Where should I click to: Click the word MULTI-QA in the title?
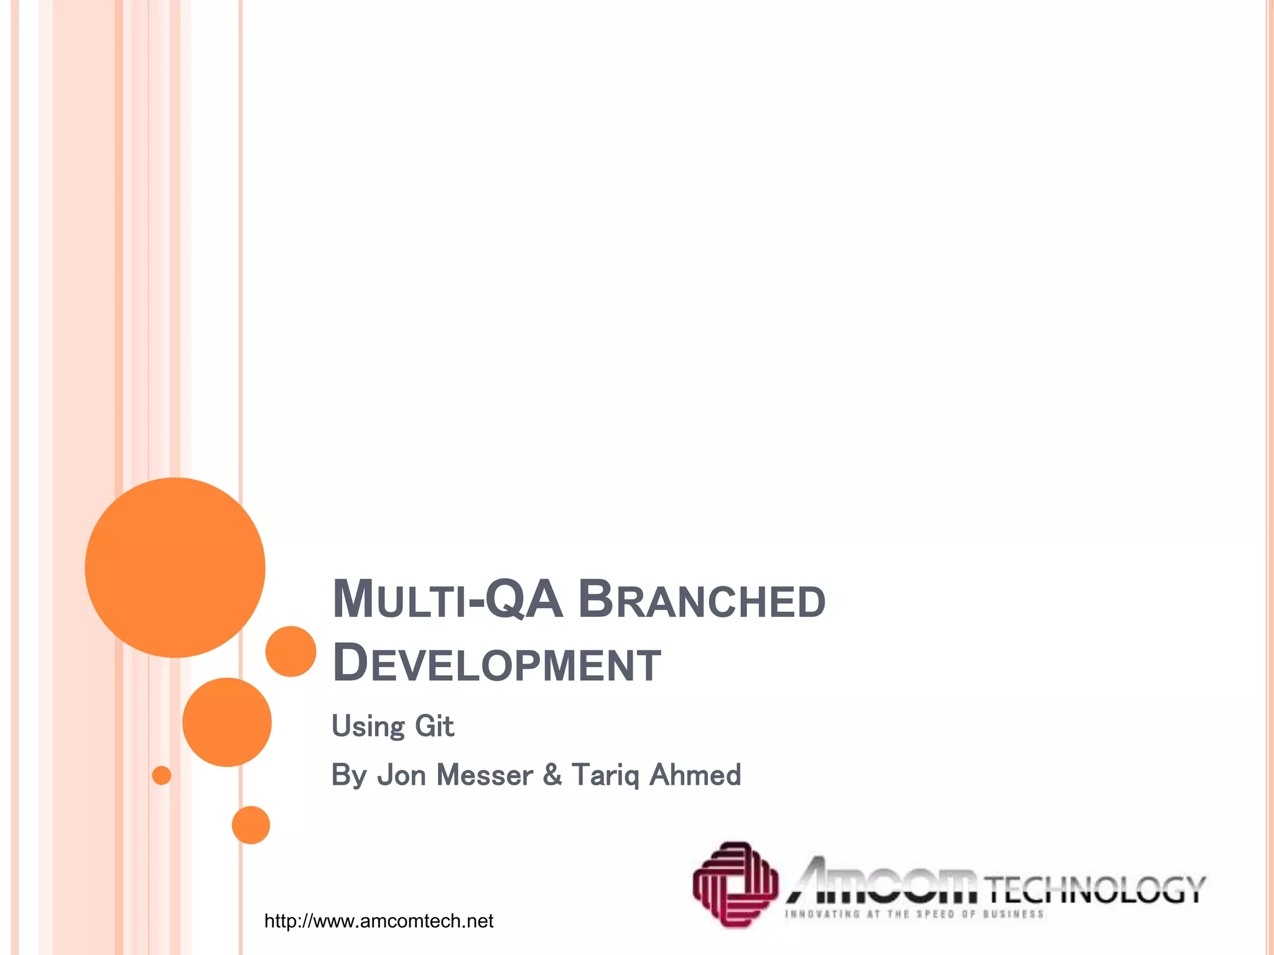click(x=447, y=599)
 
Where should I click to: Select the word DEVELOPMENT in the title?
click(x=496, y=663)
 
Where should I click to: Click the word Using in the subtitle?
click(x=368, y=727)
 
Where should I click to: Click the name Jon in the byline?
click(x=401, y=775)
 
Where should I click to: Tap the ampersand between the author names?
click(x=552, y=775)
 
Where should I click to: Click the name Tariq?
click(x=605, y=775)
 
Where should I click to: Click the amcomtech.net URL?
click(x=378, y=921)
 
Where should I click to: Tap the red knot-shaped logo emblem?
click(x=735, y=884)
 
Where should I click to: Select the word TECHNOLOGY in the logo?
click(x=1094, y=889)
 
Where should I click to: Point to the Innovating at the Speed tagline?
click(x=914, y=914)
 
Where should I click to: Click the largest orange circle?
click(x=175, y=567)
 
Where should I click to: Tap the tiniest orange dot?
click(x=162, y=775)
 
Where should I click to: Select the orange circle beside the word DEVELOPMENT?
click(x=291, y=651)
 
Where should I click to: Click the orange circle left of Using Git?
click(x=227, y=722)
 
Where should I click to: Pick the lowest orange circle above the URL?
click(x=251, y=824)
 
